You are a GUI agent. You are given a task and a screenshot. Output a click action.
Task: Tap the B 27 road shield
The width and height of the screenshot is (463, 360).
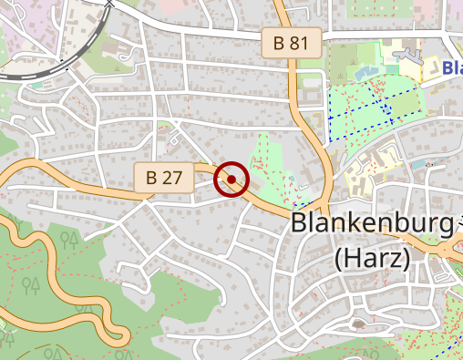tap(165, 178)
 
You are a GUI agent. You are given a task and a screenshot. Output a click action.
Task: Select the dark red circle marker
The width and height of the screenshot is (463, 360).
tap(232, 180)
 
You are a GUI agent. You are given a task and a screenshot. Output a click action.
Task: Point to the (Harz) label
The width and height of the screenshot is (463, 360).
tap(373, 258)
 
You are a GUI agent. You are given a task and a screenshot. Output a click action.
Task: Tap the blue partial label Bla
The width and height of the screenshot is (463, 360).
tap(451, 67)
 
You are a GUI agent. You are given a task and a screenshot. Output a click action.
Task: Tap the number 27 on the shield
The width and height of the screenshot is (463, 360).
tap(173, 178)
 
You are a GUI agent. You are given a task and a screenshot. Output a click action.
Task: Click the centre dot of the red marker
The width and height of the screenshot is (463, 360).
tap(232, 180)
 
